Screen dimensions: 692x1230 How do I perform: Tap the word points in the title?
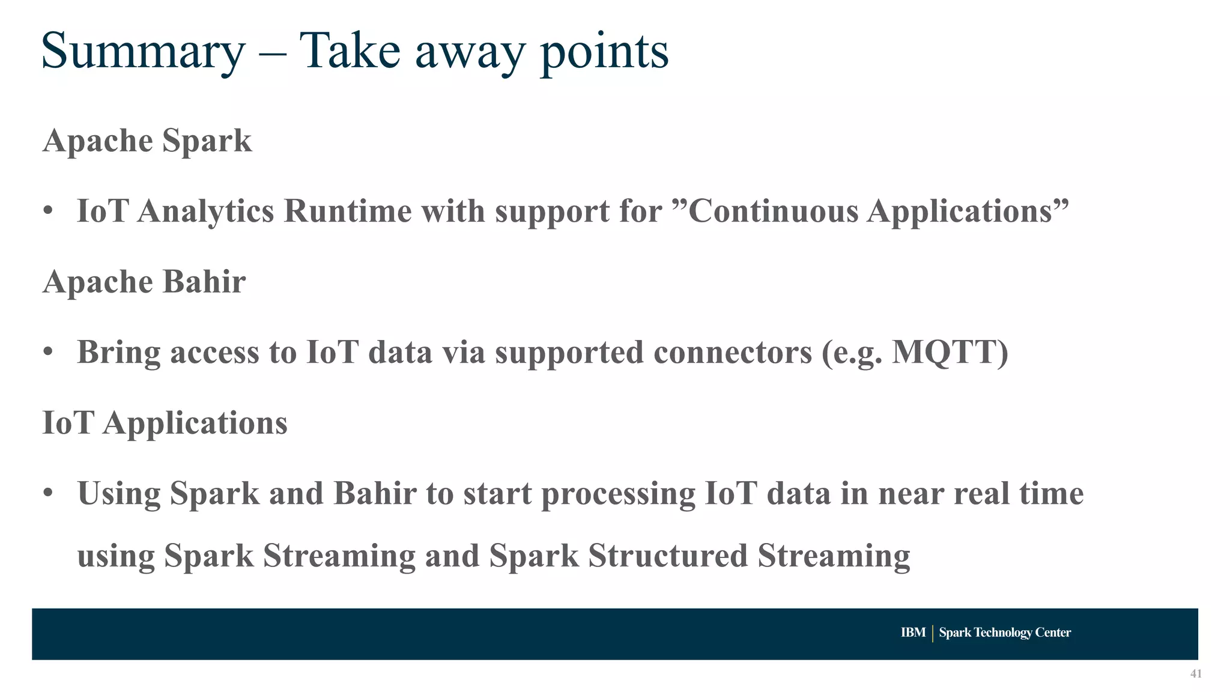(604, 52)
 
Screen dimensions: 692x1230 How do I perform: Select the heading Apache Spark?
(147, 142)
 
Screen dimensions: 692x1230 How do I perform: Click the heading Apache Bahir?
(144, 282)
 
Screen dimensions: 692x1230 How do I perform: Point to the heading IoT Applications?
(165, 423)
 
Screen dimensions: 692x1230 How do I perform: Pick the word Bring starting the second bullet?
(118, 353)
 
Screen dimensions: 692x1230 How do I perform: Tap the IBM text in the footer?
(913, 633)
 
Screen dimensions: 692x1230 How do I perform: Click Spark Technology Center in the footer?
(1005, 633)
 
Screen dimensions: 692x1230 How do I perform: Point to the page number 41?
(1196, 674)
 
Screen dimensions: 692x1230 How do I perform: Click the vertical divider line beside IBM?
(932, 633)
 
